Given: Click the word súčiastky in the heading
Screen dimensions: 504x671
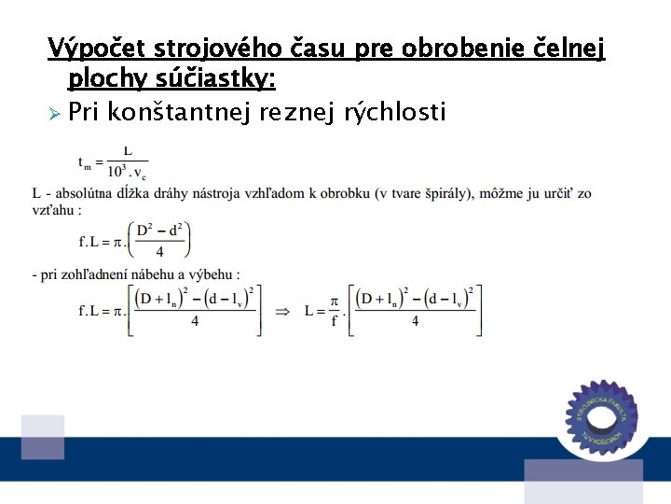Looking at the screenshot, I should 220,78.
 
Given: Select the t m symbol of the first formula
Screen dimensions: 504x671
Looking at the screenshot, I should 86,163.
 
